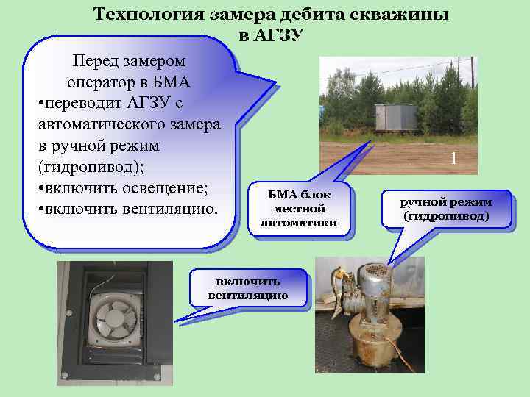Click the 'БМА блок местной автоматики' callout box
[299, 208]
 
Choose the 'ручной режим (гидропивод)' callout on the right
[446, 209]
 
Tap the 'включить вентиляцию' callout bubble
[248, 289]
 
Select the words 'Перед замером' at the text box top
[128, 59]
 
